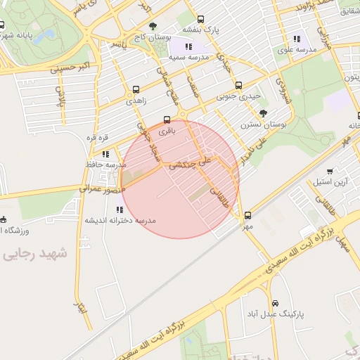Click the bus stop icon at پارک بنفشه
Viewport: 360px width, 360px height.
coord(201,20)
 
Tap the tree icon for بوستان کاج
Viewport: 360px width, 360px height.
coord(153,26)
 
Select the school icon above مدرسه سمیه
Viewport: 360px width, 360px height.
coord(188,46)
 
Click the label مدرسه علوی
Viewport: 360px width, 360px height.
coord(296,50)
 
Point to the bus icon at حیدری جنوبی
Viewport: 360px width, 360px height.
coord(238,85)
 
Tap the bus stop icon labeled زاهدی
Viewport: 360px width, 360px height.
coord(136,89)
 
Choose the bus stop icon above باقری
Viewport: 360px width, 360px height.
coord(167,119)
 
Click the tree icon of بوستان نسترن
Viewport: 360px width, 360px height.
coord(264,113)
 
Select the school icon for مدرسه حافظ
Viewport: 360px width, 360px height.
coord(105,153)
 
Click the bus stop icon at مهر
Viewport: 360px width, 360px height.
coord(247,215)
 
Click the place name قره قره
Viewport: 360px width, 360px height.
coord(96,137)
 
